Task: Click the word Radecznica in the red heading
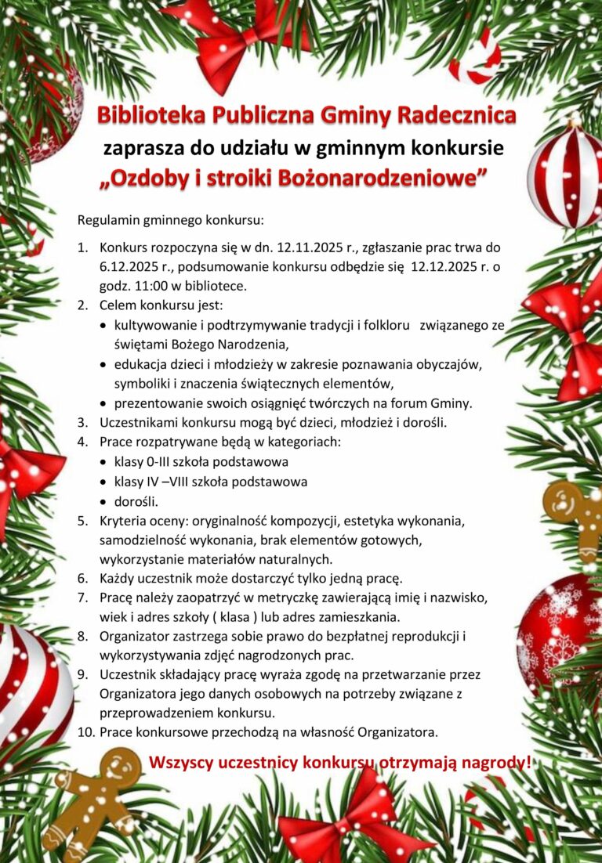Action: (457, 116)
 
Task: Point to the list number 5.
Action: (82, 521)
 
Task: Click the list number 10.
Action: (85, 732)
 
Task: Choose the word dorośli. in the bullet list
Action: (136, 501)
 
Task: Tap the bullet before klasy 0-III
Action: (105, 462)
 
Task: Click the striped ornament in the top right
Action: (565, 175)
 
